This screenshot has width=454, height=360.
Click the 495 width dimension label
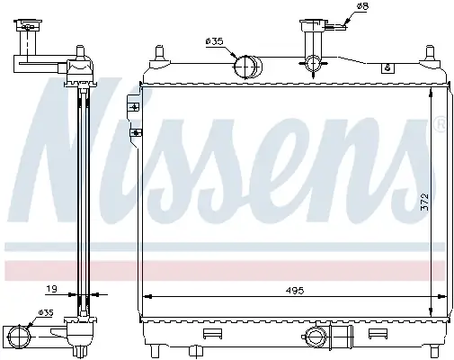pos(295,290)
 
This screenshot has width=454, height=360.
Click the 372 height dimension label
pos(424,202)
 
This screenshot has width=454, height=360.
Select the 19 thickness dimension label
pos(51,289)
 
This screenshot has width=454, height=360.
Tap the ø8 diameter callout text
pos(362,6)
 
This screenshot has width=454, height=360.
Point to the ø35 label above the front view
pos(215,41)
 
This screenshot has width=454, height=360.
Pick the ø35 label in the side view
pos(45,313)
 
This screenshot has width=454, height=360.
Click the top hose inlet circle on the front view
pos(245,67)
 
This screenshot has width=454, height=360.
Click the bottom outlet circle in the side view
pos(19,336)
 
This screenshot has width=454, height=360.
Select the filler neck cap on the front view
pos(313,24)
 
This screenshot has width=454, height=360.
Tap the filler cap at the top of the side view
pos(28,25)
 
